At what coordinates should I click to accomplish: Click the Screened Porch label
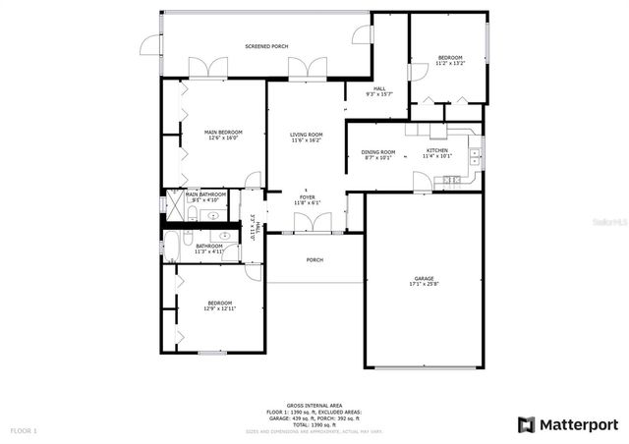coord(266,46)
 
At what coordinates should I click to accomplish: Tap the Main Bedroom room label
coord(223,132)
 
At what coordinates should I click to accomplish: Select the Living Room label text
coord(307,135)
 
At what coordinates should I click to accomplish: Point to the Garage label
coord(424,278)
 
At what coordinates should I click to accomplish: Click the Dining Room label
coord(378,151)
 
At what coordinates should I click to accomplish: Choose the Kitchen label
coord(436,150)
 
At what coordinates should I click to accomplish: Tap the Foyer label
coord(308,196)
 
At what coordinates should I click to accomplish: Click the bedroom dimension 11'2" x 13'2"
coord(450,64)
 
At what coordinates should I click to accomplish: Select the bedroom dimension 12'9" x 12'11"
coord(219,308)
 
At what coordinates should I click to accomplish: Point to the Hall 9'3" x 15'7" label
coord(379,94)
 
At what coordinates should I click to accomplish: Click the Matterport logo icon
coord(527,424)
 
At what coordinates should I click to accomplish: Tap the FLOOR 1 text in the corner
coord(24,430)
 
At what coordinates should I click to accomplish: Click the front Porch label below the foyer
coord(314,260)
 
